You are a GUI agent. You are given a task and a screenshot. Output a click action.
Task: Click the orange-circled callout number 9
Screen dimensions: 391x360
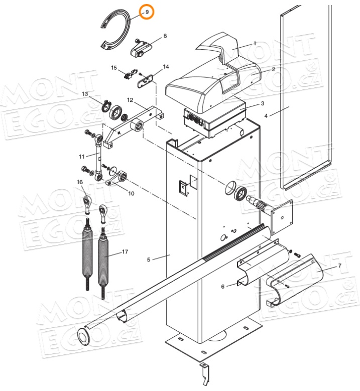[147, 12]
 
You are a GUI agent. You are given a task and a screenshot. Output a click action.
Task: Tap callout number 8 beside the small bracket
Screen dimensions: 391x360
[165, 36]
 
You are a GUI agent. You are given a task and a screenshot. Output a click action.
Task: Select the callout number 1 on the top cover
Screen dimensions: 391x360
[255, 44]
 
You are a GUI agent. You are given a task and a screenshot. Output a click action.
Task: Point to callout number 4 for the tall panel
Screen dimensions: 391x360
[266, 115]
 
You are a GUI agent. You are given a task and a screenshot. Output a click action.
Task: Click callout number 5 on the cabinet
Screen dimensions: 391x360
[149, 259]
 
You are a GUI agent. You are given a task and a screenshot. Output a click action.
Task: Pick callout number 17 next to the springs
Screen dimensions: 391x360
[223, 286]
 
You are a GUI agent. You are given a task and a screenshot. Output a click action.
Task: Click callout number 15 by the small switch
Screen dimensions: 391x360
[114, 68]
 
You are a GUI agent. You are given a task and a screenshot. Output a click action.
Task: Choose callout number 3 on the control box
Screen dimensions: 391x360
[262, 104]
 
